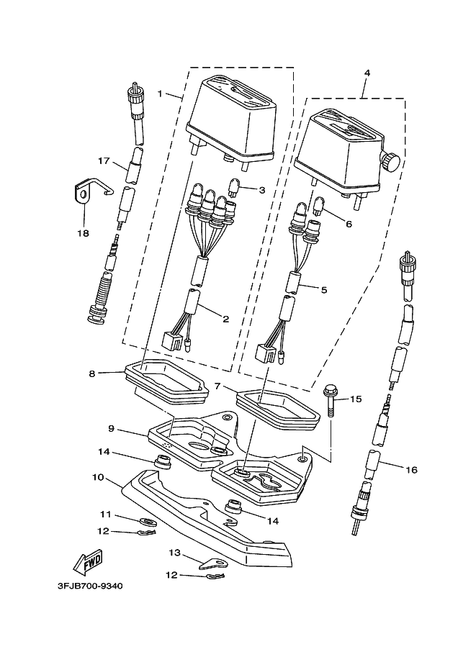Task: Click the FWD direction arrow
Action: [x=88, y=562]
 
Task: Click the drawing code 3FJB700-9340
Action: [x=90, y=586]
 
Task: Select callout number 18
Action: [x=84, y=233]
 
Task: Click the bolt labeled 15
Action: [x=329, y=402]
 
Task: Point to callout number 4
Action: [x=367, y=73]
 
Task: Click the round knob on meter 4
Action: [x=391, y=161]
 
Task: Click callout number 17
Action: [x=104, y=160]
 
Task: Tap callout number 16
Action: [x=412, y=470]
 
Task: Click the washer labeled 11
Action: [x=147, y=522]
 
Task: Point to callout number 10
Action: [x=98, y=477]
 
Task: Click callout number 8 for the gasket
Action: [x=92, y=373]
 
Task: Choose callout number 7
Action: [x=217, y=386]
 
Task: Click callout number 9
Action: [x=111, y=429]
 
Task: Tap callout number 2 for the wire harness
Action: [x=225, y=320]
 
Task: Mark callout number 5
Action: [x=324, y=289]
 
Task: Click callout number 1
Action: [x=160, y=93]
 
